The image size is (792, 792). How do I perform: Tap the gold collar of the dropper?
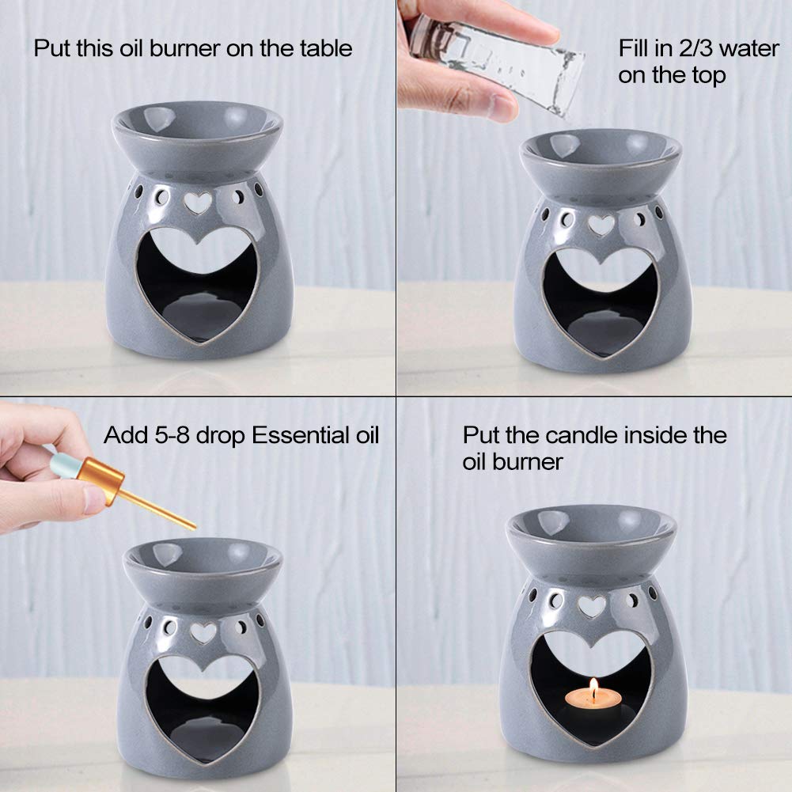(x=100, y=479)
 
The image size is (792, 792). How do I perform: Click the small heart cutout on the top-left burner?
(x=198, y=203)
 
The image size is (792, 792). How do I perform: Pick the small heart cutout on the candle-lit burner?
(x=592, y=606)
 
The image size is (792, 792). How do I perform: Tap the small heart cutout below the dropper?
(x=203, y=633)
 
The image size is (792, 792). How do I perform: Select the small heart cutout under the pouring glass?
(x=601, y=225)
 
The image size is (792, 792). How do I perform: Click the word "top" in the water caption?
(x=709, y=76)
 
